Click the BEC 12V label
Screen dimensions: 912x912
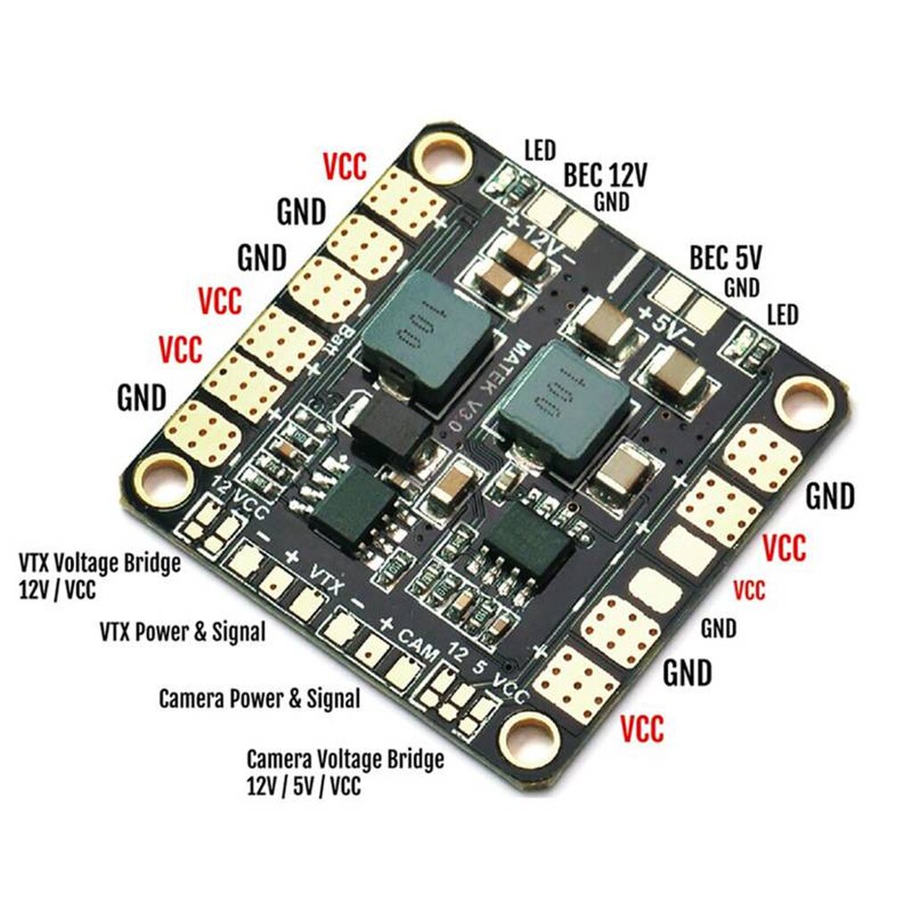pos(605,174)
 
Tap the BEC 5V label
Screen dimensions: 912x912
pos(726,259)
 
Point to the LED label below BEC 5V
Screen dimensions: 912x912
pos(783,314)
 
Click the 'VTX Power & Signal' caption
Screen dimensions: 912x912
pos(182,632)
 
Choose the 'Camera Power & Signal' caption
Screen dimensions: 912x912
pos(259,698)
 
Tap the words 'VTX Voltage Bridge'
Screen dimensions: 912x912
pos(99,563)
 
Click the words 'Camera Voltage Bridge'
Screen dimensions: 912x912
pos(345,760)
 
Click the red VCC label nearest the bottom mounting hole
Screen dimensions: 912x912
pos(642,729)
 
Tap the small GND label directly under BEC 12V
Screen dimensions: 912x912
pos(612,203)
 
